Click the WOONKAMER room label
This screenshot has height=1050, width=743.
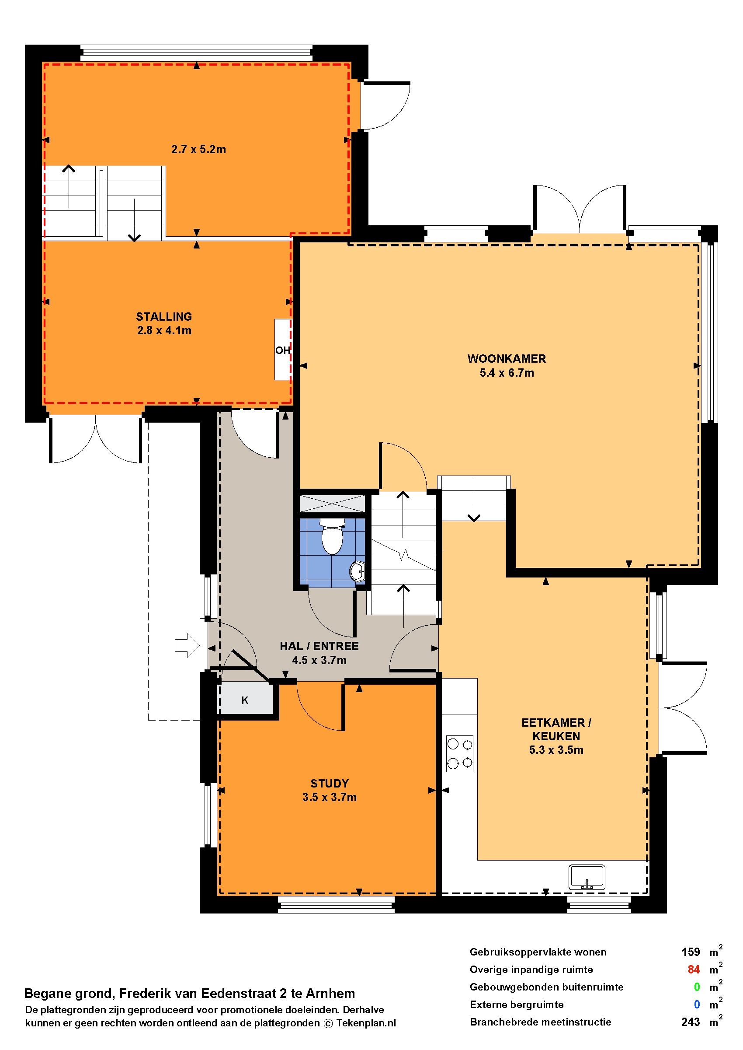(507, 359)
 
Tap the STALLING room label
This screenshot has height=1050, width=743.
(164, 316)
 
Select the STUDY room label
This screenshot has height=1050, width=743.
(330, 784)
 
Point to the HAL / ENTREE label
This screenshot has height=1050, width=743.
(319, 646)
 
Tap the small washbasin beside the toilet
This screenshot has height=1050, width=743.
(358, 571)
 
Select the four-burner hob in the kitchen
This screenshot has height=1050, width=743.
(460, 753)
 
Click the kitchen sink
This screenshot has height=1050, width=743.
(587, 877)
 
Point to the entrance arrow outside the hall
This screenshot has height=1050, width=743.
(187, 646)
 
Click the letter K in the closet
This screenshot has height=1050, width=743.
(245, 700)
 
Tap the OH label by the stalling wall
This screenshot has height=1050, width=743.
(282, 350)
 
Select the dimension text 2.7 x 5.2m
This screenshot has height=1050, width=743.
(198, 149)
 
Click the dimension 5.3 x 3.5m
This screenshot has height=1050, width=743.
(556, 750)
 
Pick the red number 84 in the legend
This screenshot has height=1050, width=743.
(694, 969)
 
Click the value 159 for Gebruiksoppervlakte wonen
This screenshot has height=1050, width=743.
(691, 952)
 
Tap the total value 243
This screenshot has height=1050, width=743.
(691, 1022)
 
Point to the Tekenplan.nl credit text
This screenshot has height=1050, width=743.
(366, 1023)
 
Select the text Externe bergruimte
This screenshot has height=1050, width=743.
(517, 1004)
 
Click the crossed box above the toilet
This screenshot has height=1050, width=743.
(333, 504)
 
